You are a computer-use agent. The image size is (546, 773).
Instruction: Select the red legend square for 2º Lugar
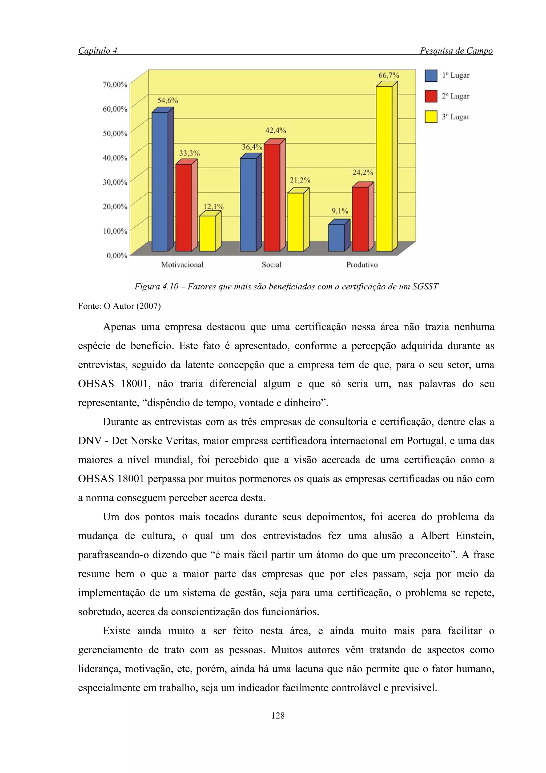431,96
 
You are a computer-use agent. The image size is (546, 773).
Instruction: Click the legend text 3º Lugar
456,117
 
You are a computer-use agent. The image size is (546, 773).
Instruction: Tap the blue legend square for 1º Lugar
431,76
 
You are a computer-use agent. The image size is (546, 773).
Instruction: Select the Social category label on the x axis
271,265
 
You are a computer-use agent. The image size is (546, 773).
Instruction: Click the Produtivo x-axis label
362,265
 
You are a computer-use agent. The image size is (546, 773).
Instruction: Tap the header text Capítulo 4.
98,51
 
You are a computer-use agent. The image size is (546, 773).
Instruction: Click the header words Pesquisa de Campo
456,51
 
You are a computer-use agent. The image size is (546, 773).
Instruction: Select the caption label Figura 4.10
156,286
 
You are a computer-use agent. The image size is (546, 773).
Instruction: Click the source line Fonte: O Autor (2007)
119,306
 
